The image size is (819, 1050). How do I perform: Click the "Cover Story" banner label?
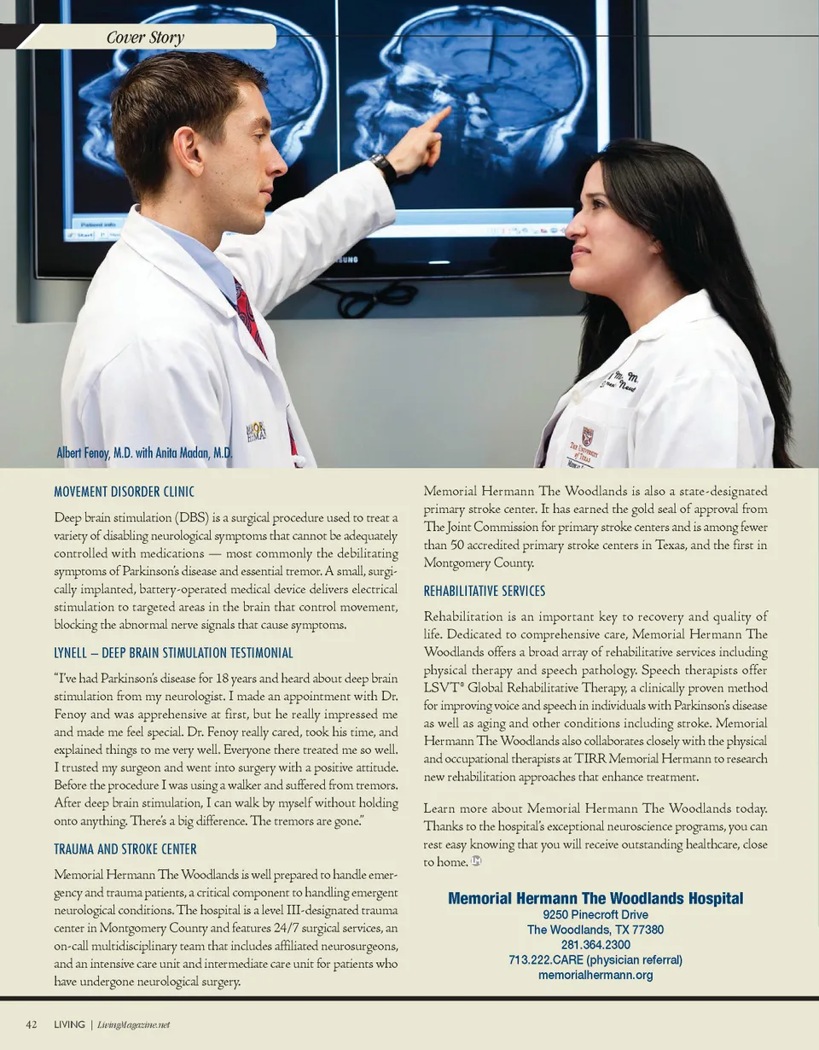pyautogui.click(x=145, y=37)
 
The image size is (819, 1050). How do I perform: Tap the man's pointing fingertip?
pyautogui.click(x=448, y=110)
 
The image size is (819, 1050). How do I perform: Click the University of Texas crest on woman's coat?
pyautogui.click(x=587, y=436)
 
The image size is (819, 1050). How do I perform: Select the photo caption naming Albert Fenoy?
pyautogui.click(x=144, y=453)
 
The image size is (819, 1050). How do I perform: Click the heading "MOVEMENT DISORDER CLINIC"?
pyautogui.click(x=124, y=492)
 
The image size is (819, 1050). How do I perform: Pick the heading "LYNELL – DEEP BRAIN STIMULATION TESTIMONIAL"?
pyautogui.click(x=173, y=653)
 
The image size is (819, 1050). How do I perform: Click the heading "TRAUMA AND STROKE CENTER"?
pyautogui.click(x=125, y=849)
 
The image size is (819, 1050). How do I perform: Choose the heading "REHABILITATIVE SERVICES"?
pyautogui.click(x=485, y=591)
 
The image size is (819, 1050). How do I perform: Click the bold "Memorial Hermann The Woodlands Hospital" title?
pyautogui.click(x=595, y=898)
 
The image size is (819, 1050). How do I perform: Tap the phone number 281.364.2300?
pyautogui.click(x=595, y=945)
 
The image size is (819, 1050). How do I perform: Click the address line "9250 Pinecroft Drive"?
pyautogui.click(x=595, y=914)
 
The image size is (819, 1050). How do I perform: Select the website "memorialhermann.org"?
pyautogui.click(x=595, y=975)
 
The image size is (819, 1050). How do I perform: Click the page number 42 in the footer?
pyautogui.click(x=32, y=1024)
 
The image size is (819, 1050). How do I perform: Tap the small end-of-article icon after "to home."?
pyautogui.click(x=477, y=862)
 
